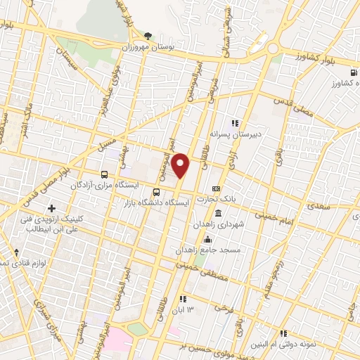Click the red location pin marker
(181, 165)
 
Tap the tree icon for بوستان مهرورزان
(148, 35)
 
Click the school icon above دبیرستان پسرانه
(236, 122)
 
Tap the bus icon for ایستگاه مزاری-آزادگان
(104, 174)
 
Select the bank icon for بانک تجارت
(216, 188)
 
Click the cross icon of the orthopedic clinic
(51, 209)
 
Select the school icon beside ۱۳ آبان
(181, 299)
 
